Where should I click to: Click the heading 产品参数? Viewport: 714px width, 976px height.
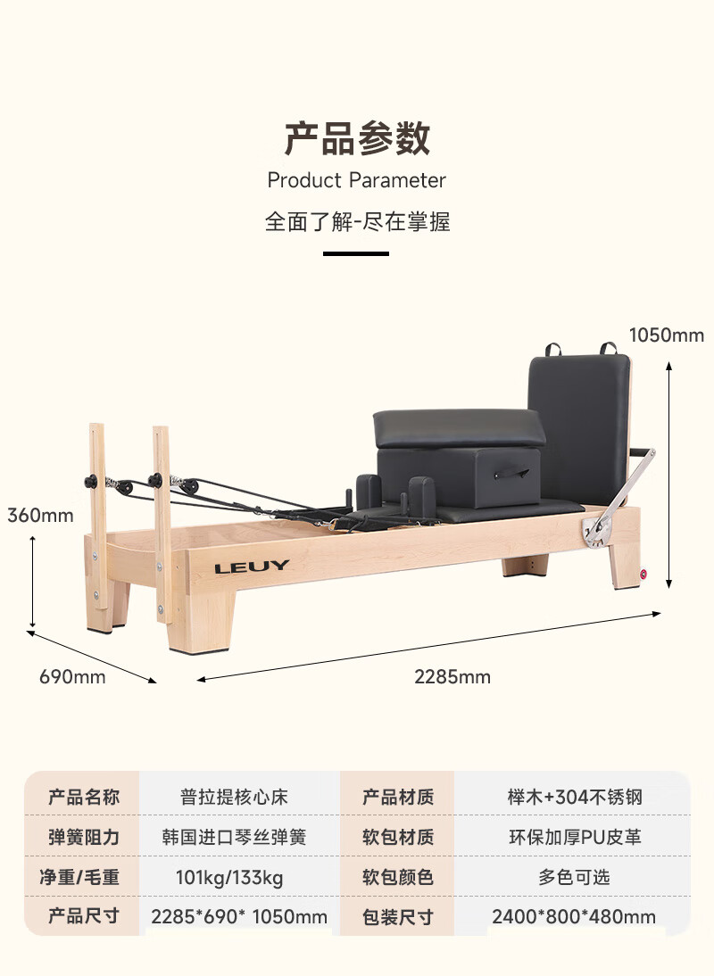(x=357, y=139)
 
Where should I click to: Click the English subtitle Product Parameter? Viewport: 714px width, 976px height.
(x=357, y=180)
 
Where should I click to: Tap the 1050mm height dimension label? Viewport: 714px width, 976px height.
(x=666, y=335)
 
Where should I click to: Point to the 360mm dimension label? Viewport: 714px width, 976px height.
(x=40, y=515)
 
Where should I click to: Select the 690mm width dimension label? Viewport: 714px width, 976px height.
(x=72, y=676)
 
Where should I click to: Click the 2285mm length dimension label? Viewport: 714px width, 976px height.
(x=452, y=676)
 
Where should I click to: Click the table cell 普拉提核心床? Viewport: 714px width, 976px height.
(x=234, y=797)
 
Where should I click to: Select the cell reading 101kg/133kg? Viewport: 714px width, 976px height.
(x=229, y=878)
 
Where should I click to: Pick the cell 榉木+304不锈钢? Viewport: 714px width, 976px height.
(x=574, y=797)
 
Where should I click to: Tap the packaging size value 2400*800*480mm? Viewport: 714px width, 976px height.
(x=574, y=917)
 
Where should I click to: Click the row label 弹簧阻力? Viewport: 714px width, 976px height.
(x=84, y=837)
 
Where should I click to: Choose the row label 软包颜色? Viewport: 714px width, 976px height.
(x=398, y=878)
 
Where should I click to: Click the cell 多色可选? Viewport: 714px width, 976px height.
(x=574, y=878)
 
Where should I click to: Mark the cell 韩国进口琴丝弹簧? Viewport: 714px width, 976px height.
(x=234, y=837)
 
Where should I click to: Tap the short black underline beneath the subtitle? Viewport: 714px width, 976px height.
(x=356, y=253)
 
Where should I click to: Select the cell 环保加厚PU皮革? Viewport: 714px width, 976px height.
(x=574, y=837)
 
